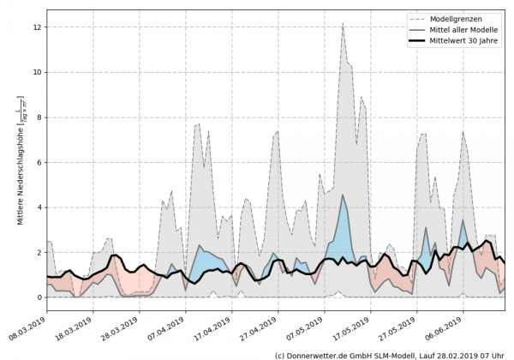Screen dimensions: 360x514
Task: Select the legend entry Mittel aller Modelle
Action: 462,29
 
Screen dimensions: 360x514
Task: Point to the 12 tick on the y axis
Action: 38,27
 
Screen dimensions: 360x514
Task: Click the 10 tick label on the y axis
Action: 38,72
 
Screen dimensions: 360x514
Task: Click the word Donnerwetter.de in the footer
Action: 322,354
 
